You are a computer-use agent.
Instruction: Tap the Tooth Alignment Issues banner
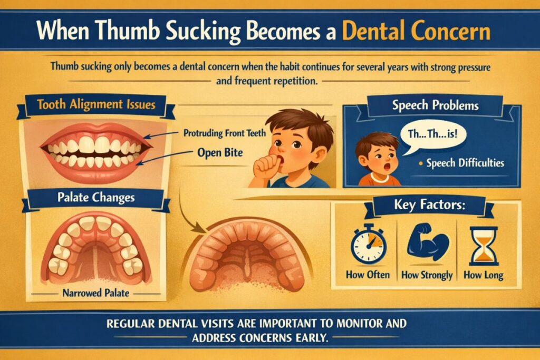(x=97, y=104)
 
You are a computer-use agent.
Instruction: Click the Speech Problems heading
(x=435, y=105)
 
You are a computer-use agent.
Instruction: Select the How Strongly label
(x=427, y=275)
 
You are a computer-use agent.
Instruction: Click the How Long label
(x=483, y=275)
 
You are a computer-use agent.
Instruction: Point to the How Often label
(x=368, y=275)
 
